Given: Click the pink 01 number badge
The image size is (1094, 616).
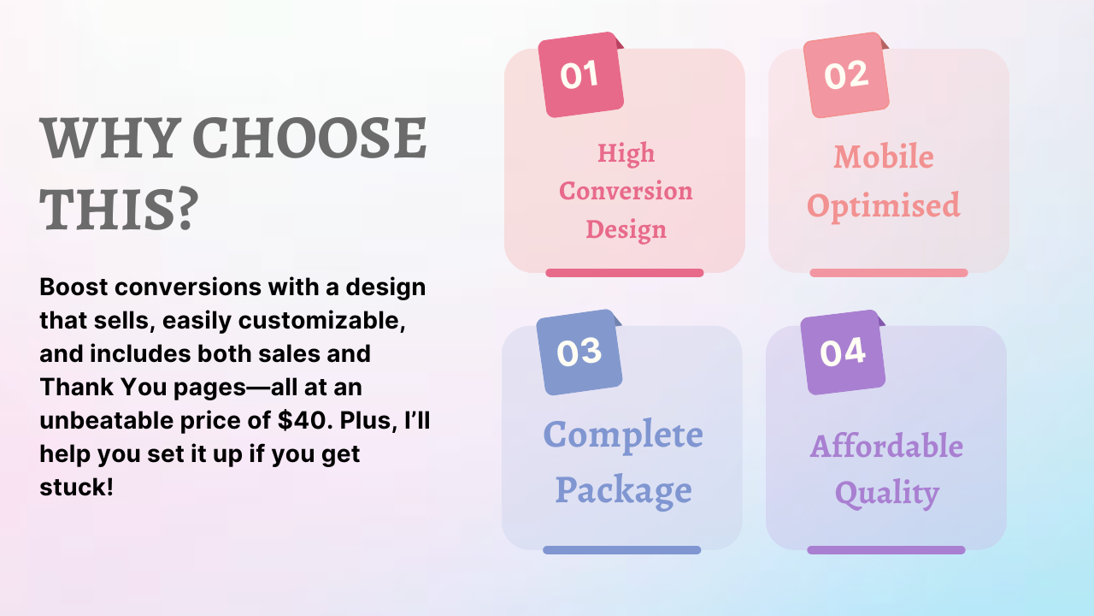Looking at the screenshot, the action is coord(580,74).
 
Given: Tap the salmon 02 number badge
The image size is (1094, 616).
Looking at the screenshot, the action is coord(846,74).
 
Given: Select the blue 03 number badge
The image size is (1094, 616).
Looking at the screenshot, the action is coord(579,352).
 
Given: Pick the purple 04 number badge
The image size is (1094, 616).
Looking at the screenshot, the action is coord(843,352).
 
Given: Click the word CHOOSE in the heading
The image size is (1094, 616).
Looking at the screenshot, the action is coord(309,138).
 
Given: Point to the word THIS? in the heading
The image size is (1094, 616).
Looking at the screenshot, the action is coord(119,210).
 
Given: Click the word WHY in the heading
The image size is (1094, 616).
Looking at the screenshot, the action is coord(108,138).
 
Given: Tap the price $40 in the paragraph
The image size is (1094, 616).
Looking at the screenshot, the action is coord(302,420).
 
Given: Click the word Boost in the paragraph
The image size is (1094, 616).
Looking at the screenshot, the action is coord(74,287).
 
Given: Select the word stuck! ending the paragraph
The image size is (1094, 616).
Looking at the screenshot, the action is coord(77,487).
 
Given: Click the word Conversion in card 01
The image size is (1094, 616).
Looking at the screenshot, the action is coord(626,191).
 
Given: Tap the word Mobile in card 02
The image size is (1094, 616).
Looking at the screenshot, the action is coord(884,157).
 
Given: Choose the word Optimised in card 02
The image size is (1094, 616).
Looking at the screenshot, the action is coord(884,206).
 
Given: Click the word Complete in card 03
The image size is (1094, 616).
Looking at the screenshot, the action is coord(623,435).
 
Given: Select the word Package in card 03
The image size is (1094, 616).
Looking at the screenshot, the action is coord(624,490).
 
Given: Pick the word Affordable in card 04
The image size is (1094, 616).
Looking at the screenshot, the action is coord(886,446).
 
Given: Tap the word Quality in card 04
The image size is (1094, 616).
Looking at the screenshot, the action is coord(887,494).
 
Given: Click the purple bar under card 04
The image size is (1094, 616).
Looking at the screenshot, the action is coord(886,550).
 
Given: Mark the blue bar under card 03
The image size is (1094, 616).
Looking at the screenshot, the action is coord(621,550).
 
